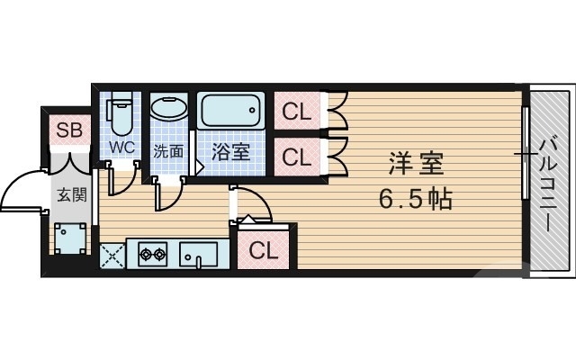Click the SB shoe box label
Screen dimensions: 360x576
click(69, 130)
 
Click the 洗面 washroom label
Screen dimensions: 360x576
click(167, 151)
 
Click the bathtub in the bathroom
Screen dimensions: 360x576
click(231, 112)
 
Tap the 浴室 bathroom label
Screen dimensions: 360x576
click(231, 152)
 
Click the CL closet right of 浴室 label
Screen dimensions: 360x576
click(296, 156)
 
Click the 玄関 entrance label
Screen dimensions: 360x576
click(69, 193)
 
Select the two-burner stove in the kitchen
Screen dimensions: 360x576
click(152, 254)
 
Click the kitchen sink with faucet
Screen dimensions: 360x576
click(197, 254)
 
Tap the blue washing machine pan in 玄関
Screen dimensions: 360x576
click(69, 238)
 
